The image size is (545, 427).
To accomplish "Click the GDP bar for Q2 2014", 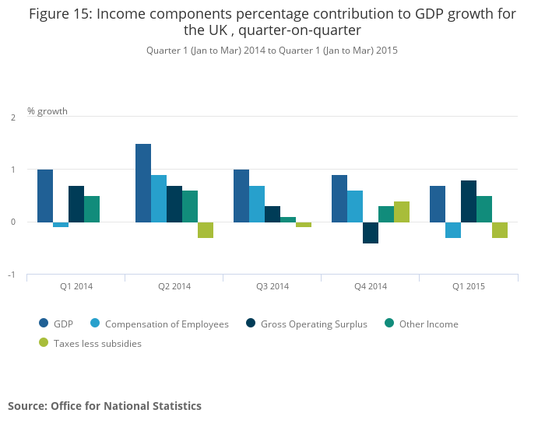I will click(x=143, y=183).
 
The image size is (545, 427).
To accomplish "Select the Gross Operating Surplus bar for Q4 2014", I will click(x=371, y=233).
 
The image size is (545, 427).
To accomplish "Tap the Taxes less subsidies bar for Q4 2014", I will click(x=402, y=212).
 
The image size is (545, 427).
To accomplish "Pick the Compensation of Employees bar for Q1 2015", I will click(x=453, y=229).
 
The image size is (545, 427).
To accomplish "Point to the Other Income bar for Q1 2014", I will click(x=92, y=209).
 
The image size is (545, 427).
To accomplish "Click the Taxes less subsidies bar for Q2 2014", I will click(x=206, y=229).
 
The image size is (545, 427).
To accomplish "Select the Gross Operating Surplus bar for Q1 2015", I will click(x=469, y=201).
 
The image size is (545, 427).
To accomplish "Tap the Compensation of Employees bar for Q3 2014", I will click(x=257, y=204).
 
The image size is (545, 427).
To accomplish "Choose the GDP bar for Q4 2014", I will click(x=339, y=198).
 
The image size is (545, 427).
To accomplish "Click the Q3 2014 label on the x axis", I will click(x=272, y=286).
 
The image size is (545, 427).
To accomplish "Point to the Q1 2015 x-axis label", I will click(x=469, y=286).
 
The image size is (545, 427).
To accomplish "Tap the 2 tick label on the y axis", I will click(x=13, y=117).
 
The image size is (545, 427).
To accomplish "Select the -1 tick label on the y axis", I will click(x=12, y=275).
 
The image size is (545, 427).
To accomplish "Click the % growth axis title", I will click(x=47, y=111).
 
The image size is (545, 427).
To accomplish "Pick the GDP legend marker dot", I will click(x=44, y=324).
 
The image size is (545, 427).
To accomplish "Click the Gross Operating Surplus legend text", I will click(x=314, y=324).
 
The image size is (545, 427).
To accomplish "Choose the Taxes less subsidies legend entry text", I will click(x=97, y=343).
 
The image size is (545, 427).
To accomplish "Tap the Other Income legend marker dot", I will click(x=389, y=324).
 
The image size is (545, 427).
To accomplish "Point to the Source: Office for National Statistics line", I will click(x=104, y=406).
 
